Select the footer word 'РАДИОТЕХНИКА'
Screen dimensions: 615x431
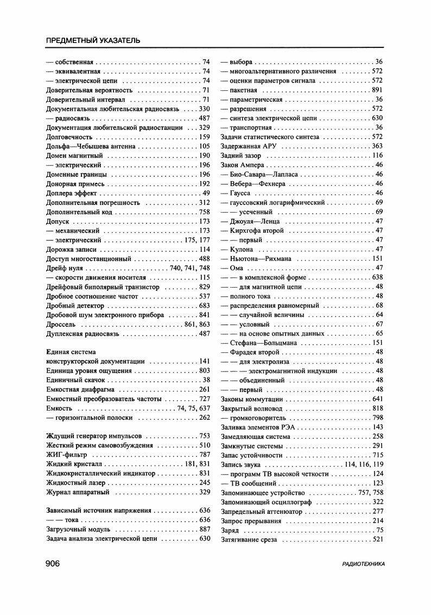363,564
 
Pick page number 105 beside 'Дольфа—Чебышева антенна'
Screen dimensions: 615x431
204,146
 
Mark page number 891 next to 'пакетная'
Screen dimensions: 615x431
377,90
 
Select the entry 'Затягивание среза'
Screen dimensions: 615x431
249,539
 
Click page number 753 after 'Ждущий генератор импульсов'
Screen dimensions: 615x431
204,436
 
